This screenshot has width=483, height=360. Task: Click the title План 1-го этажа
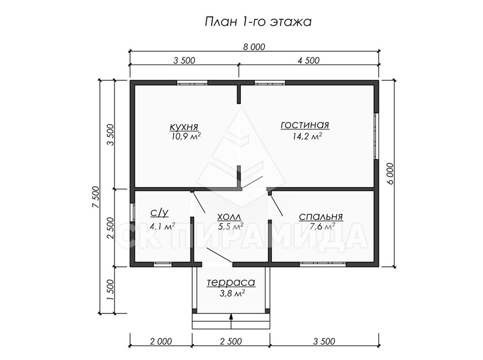pyautogui.click(x=258, y=22)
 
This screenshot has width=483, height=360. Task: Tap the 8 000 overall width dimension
pyautogui.click(x=254, y=47)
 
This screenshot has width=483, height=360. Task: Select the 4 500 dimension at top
pyautogui.click(x=308, y=60)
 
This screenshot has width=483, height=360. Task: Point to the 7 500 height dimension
pyautogui.click(x=95, y=197)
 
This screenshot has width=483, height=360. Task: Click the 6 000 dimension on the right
pyautogui.click(x=390, y=173)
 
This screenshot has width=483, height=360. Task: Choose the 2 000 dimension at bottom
pyautogui.click(x=161, y=341)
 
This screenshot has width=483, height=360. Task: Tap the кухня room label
pyautogui.click(x=184, y=127)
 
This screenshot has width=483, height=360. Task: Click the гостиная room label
pyautogui.click(x=305, y=125)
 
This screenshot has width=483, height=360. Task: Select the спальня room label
pyautogui.click(x=321, y=216)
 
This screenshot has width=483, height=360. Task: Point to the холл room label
pyautogui.click(x=229, y=216)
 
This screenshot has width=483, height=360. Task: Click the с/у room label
pyautogui.click(x=159, y=213)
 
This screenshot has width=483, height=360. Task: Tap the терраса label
pyautogui.click(x=231, y=282)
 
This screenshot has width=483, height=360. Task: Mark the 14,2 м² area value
pyautogui.click(x=308, y=136)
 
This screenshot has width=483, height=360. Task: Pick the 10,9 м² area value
pyautogui.click(x=186, y=136)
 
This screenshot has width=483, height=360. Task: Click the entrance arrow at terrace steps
pyautogui.click(x=231, y=321)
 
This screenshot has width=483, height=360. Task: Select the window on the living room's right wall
pyautogui.click(x=376, y=136)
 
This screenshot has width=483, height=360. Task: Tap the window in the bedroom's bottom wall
pyautogui.click(x=323, y=264)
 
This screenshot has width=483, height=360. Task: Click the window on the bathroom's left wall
pyautogui.click(x=132, y=213)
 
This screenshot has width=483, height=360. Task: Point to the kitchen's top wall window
pyautogui.click(x=192, y=82)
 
